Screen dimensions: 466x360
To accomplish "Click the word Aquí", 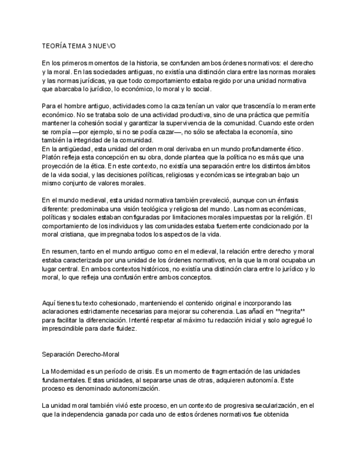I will pos(49,303).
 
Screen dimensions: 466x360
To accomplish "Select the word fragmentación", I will pos(204,372).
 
